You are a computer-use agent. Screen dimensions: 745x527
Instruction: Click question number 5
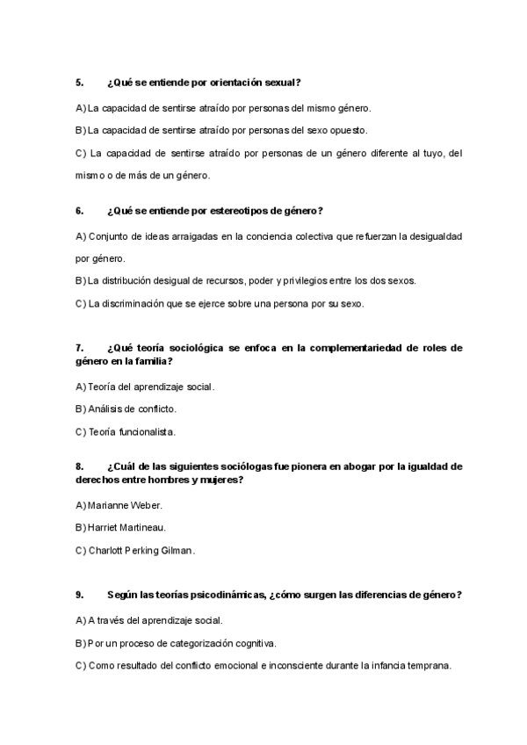tap(79, 83)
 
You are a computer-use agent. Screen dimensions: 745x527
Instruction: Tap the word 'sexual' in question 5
tap(283, 83)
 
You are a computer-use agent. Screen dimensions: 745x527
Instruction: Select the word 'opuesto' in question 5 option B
tap(349, 130)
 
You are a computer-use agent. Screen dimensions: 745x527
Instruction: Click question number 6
tap(79, 211)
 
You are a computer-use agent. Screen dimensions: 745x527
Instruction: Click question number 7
tap(79, 348)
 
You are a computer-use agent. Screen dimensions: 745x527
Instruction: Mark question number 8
tap(79, 467)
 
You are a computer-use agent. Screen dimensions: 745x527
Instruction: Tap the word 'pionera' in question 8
tap(300, 467)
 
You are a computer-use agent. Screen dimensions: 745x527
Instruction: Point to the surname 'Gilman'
tap(175, 551)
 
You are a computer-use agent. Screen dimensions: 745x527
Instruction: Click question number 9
tap(79, 595)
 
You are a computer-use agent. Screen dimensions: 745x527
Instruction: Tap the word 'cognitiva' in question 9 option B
tap(252, 642)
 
